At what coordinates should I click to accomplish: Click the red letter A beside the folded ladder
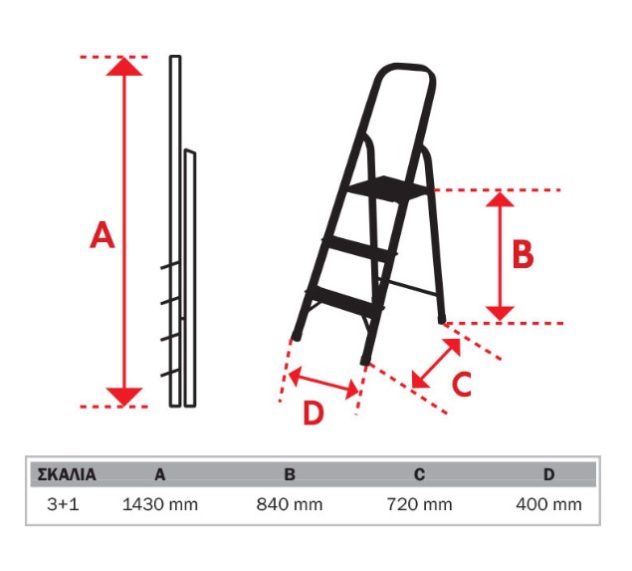(x=103, y=234)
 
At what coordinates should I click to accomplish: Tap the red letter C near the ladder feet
(x=462, y=384)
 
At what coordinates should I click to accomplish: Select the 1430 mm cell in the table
(x=160, y=504)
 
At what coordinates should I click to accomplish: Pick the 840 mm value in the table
(x=290, y=504)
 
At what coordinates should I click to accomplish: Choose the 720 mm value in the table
(x=419, y=504)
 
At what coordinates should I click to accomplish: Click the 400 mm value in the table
(x=549, y=504)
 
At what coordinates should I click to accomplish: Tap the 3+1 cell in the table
(x=64, y=504)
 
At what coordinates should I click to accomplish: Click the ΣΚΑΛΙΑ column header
(x=67, y=474)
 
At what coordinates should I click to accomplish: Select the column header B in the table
(x=290, y=474)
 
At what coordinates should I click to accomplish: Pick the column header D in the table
(x=549, y=474)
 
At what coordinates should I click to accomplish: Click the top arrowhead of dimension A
(x=124, y=67)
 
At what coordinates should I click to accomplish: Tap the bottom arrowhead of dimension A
(x=124, y=397)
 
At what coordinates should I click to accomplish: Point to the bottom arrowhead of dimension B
(x=500, y=314)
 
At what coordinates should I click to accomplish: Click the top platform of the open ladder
(x=389, y=187)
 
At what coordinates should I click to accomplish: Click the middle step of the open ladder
(x=358, y=247)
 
